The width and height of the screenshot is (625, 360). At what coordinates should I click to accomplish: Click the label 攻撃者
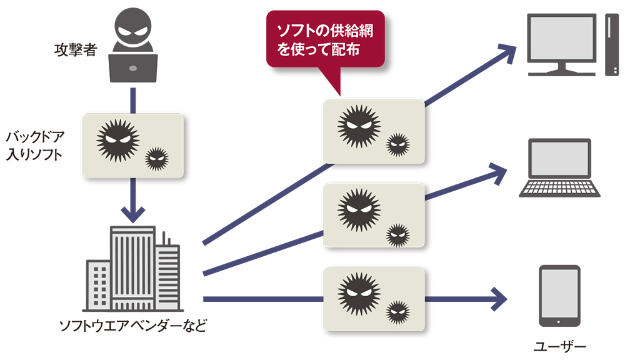coord(75,49)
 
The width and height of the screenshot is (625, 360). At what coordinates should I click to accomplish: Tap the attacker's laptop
coord(133,68)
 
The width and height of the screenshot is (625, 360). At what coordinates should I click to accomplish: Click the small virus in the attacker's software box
coord(156,159)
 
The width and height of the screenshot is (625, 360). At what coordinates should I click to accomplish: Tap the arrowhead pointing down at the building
coord(133,214)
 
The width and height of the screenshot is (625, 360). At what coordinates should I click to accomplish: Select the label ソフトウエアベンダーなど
coord(132,326)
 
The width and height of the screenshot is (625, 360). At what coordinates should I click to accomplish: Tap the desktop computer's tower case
coord(611,44)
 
